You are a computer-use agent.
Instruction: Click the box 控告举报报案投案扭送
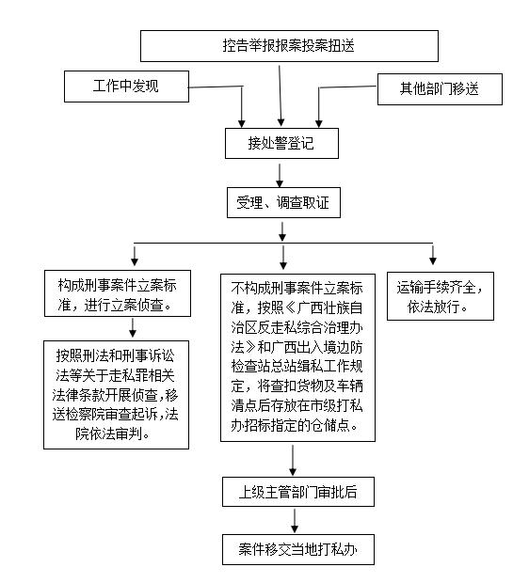pos(289,45)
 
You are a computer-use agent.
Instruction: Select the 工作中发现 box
pos(126,87)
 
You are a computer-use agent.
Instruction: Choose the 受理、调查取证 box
pos(282,202)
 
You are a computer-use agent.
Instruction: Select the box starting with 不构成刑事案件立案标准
pos(297,357)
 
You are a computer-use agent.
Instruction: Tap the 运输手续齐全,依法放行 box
pos(435,295)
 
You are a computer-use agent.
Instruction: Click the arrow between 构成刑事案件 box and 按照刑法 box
pos(134,328)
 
